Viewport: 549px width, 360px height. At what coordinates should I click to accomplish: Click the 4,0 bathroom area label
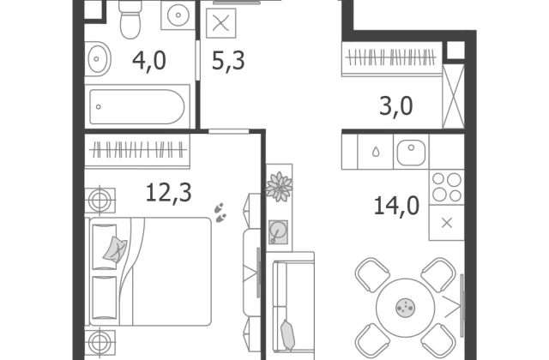pos(149,62)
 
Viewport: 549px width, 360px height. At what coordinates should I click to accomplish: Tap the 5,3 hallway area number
pos(228,62)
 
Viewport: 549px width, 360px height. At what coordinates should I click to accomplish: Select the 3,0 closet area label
pos(396,106)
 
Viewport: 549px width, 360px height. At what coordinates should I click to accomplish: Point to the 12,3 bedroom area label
pos(168,193)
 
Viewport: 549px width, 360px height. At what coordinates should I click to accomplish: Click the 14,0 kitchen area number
pos(396,206)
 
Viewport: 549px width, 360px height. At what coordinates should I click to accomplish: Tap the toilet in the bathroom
pos(130,18)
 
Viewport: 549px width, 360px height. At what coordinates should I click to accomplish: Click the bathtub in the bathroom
pos(137,106)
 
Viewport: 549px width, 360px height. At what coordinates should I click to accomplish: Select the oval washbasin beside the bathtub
pos(97,59)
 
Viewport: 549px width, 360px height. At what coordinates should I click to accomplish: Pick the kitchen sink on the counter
pos(411,153)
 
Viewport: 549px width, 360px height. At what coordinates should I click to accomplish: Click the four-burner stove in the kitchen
pos(447,187)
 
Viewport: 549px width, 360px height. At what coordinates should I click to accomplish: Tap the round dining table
pos(406,308)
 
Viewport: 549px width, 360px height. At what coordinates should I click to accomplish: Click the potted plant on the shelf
pos(279,187)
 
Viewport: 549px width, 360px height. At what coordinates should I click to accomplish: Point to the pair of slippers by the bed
pos(220,213)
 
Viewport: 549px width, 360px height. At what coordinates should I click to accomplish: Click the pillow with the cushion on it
pos(104,247)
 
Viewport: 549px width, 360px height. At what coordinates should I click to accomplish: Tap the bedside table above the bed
pos(100,200)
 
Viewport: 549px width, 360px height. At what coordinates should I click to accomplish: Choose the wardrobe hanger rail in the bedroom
pos(137,151)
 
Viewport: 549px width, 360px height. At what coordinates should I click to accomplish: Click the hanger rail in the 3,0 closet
pos(391,57)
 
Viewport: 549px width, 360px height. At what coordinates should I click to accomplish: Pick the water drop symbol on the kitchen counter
pos(376,152)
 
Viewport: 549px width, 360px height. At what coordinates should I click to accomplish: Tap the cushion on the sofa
pos(288,335)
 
